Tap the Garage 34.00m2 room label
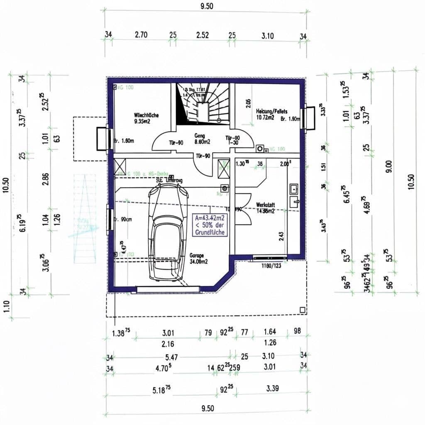198,259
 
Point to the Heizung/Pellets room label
271,114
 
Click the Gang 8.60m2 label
202,139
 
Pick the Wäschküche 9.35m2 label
146,118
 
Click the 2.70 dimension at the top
141,35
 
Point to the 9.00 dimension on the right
388,166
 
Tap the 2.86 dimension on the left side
46,178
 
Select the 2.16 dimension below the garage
168,344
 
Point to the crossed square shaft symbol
223,169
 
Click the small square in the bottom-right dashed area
302,310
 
